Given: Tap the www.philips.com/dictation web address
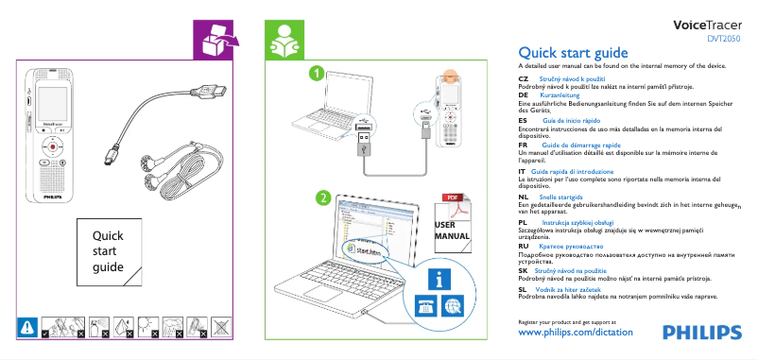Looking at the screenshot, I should (x=577, y=333).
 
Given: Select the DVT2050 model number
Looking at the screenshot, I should (x=725, y=39).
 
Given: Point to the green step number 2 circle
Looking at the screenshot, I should (x=324, y=198).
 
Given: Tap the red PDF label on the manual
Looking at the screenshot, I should (x=454, y=197).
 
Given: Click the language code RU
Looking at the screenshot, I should (x=524, y=245).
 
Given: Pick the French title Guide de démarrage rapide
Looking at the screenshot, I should (x=578, y=145).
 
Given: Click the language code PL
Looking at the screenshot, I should (x=524, y=221).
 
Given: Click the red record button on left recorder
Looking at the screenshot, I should (x=53, y=147).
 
